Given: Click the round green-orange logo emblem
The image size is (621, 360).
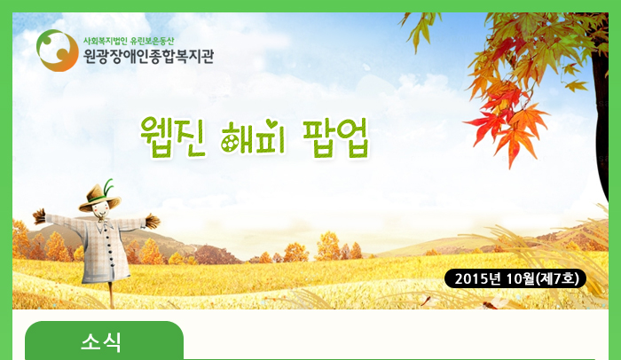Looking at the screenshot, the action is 58,51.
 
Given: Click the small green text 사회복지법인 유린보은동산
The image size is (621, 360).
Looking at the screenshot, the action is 129,41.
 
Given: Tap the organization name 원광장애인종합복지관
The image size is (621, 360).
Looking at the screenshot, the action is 148,56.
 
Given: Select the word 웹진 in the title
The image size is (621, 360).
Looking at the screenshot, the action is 173,137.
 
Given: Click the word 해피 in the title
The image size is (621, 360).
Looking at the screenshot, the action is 254,137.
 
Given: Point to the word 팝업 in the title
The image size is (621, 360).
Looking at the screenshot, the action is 336,137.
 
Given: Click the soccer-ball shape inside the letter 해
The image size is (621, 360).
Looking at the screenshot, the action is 229,145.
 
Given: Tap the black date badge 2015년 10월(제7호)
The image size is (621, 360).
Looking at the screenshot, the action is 515,278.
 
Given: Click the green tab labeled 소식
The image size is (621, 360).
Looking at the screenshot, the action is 104,340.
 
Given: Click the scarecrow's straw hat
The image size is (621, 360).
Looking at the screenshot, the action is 99,197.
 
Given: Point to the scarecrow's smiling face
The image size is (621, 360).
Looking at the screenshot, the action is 100,211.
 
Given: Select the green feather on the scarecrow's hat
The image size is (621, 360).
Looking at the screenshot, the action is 107,187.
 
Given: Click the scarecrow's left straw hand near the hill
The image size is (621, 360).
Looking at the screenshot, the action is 39,216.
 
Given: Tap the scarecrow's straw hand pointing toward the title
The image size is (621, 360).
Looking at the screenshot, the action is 153,221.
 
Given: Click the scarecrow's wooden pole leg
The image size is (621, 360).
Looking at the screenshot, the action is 112,294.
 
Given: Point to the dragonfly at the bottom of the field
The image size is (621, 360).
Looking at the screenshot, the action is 491,302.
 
